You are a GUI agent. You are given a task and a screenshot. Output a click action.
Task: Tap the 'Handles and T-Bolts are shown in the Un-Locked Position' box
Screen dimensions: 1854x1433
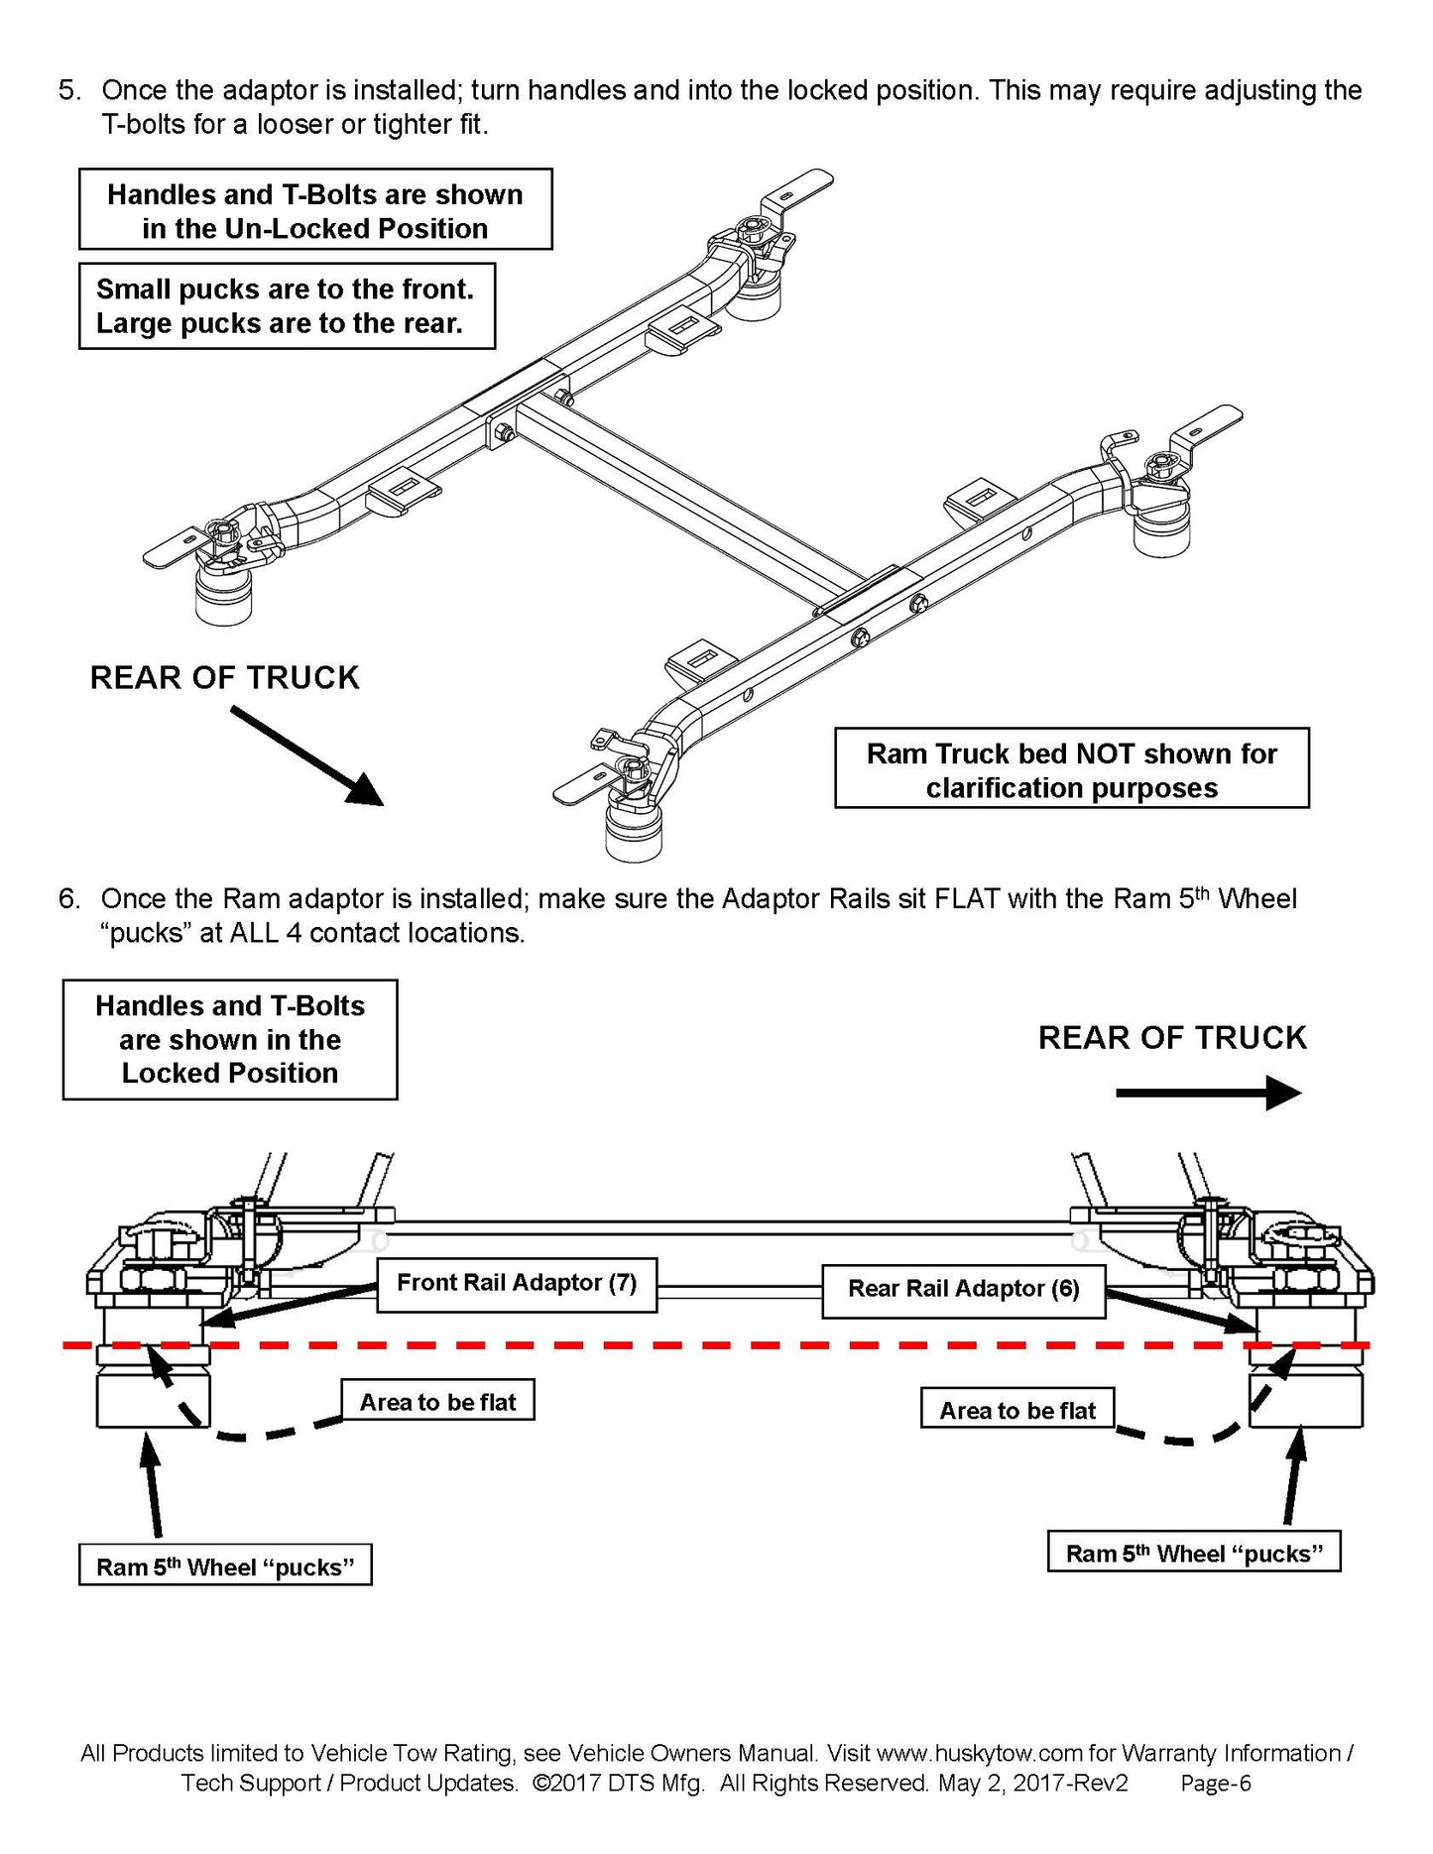[x=315, y=210]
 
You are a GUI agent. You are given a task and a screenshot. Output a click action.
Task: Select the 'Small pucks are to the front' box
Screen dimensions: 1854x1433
[x=287, y=306]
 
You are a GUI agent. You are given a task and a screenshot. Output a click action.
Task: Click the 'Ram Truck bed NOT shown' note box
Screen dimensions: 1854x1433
[x=1071, y=770]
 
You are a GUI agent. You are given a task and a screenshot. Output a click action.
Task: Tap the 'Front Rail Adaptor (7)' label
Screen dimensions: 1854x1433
[x=517, y=1284]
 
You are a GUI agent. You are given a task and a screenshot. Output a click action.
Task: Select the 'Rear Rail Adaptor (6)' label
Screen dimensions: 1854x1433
[x=963, y=1289]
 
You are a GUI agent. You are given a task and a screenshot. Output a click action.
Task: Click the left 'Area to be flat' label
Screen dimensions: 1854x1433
[x=437, y=1402]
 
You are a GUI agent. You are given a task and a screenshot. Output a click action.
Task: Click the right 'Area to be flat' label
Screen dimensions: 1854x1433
[x=1017, y=1410]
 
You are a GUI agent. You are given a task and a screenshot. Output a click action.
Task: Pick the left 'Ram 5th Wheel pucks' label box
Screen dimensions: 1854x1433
[x=225, y=1566]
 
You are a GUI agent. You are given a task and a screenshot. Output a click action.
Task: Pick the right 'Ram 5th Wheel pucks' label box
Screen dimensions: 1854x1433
[x=1193, y=1553]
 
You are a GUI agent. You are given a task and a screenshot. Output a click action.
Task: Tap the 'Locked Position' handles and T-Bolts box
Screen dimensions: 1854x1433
[x=230, y=1040]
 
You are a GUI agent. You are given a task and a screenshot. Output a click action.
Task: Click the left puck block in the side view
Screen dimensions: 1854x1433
[x=153, y=1396]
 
